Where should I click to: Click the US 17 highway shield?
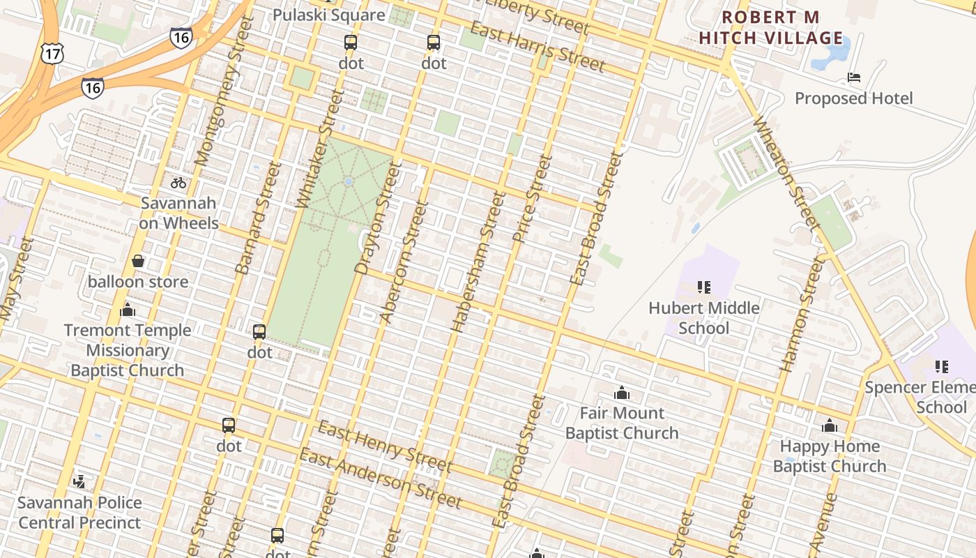click(x=52, y=53)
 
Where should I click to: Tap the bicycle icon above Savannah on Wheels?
click(x=178, y=183)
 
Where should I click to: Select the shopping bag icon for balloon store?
click(x=138, y=261)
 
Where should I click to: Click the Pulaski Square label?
click(x=328, y=15)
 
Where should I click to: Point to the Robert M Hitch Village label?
click(x=770, y=27)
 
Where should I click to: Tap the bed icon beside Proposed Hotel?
click(x=853, y=77)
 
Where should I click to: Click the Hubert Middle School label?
click(x=704, y=317)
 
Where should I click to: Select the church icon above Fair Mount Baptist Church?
click(x=621, y=393)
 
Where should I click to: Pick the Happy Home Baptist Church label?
click(x=830, y=455)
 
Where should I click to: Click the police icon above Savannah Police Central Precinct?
click(x=79, y=481)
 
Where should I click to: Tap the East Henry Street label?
click(x=385, y=446)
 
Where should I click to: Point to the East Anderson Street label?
click(x=381, y=478)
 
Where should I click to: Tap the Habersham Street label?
click(x=478, y=262)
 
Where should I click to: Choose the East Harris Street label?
click(x=537, y=47)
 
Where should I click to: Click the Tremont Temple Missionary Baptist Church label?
click(x=128, y=350)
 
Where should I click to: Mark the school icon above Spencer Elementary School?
click(x=942, y=366)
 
